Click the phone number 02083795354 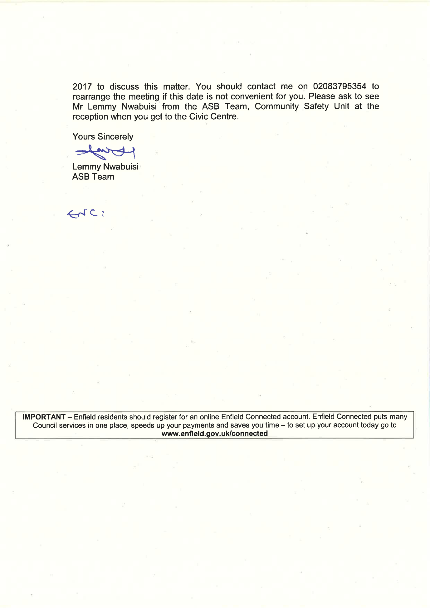pyautogui.click(x=340, y=86)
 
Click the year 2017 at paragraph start pyautogui.click(x=82, y=87)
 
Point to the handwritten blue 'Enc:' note pyautogui.click(x=85, y=213)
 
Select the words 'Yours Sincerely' pyautogui.click(x=103, y=137)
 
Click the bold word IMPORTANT pyautogui.click(x=44, y=417)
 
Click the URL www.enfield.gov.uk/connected pyautogui.click(x=215, y=434)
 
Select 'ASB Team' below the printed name pyautogui.click(x=93, y=177)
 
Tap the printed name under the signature pyautogui.click(x=105, y=167)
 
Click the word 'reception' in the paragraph pyautogui.click(x=90, y=117)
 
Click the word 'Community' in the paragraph pyautogui.click(x=276, y=106)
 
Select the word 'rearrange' pyautogui.click(x=91, y=97)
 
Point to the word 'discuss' pyautogui.click(x=124, y=87)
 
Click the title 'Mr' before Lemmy pyautogui.click(x=77, y=107)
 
